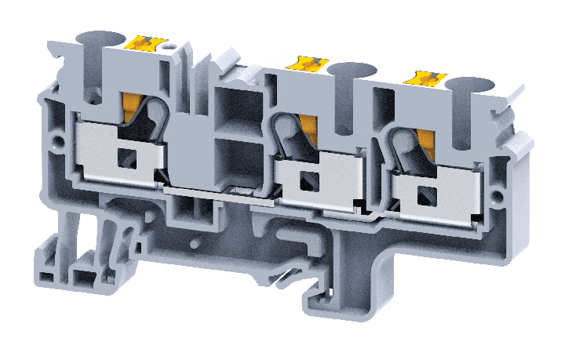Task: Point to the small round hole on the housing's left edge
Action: click(56, 144)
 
